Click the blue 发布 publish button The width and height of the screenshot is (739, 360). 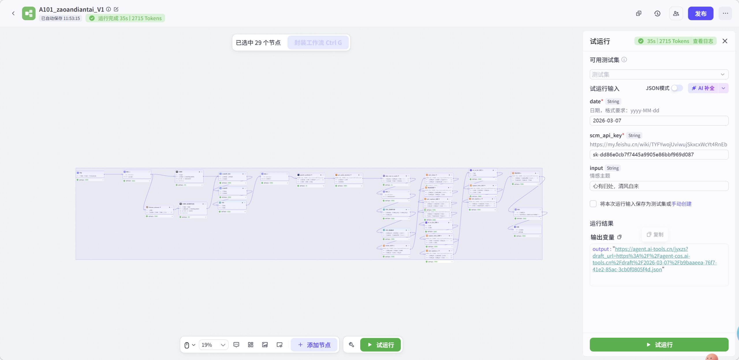point(700,14)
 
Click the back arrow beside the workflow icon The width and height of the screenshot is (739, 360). point(13,13)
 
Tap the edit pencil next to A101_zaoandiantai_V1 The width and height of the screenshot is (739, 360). point(116,9)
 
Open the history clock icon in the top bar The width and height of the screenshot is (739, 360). point(657,14)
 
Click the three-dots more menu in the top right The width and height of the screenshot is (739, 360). point(725,14)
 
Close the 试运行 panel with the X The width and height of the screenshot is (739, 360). point(725,41)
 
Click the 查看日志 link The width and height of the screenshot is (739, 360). point(703,41)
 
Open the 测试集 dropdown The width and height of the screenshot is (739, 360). point(659,74)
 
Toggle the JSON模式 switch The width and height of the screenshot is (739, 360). point(677,88)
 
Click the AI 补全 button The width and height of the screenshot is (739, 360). point(703,88)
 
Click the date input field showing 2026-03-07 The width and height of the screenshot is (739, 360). point(659,121)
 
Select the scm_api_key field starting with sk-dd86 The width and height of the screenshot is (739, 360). point(659,154)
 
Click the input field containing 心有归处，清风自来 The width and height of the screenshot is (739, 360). point(659,186)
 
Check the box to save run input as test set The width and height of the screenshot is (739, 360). point(593,204)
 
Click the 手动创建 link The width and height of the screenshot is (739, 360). point(682,204)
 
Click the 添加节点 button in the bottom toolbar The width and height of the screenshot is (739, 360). point(314,345)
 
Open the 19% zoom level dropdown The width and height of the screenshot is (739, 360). point(213,345)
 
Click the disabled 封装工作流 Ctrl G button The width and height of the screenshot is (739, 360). point(318,43)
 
